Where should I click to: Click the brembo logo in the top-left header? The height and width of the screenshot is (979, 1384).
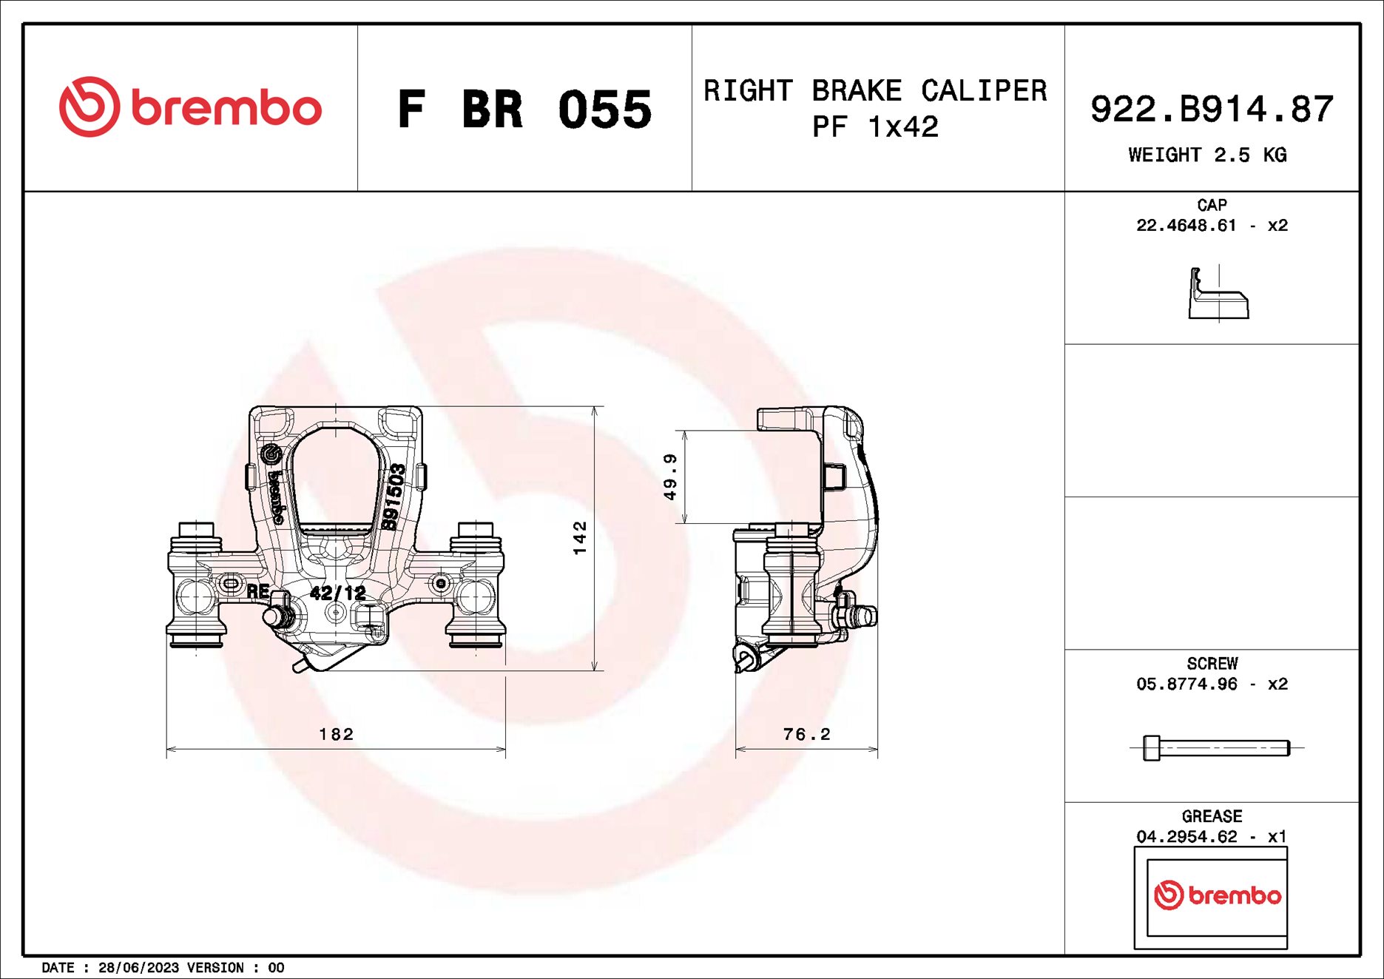pyautogui.click(x=191, y=107)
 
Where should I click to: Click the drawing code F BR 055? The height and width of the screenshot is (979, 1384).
pyautogui.click(x=524, y=110)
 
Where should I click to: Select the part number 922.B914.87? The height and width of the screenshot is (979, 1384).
pyautogui.click(x=1212, y=109)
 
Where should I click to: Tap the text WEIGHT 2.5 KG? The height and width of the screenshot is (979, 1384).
pyautogui.click(x=1207, y=155)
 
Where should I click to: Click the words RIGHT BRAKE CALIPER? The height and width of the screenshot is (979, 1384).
pyautogui.click(x=875, y=90)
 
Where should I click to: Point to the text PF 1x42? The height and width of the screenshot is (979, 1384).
pyautogui.click(x=875, y=127)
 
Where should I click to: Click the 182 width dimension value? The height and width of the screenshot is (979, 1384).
pyautogui.click(x=337, y=734)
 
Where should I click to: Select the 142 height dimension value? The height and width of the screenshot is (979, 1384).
pyautogui.click(x=580, y=537)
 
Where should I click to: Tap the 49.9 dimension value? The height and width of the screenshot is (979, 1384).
pyautogui.click(x=670, y=477)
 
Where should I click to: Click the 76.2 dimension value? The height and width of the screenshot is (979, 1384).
pyautogui.click(x=806, y=734)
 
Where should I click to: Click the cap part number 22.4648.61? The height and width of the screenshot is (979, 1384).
pyautogui.click(x=1186, y=225)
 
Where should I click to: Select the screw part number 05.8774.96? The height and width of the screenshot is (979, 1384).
pyautogui.click(x=1186, y=684)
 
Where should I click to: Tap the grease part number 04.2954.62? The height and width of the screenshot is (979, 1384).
pyautogui.click(x=1186, y=836)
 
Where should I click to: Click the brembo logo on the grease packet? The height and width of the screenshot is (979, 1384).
pyautogui.click(x=1217, y=895)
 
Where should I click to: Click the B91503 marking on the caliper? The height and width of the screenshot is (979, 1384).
pyautogui.click(x=394, y=497)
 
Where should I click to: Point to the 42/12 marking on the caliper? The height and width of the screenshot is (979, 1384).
pyautogui.click(x=337, y=593)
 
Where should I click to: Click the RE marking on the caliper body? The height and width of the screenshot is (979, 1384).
pyautogui.click(x=257, y=591)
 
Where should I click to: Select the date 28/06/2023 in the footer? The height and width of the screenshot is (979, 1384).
pyautogui.click(x=138, y=968)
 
